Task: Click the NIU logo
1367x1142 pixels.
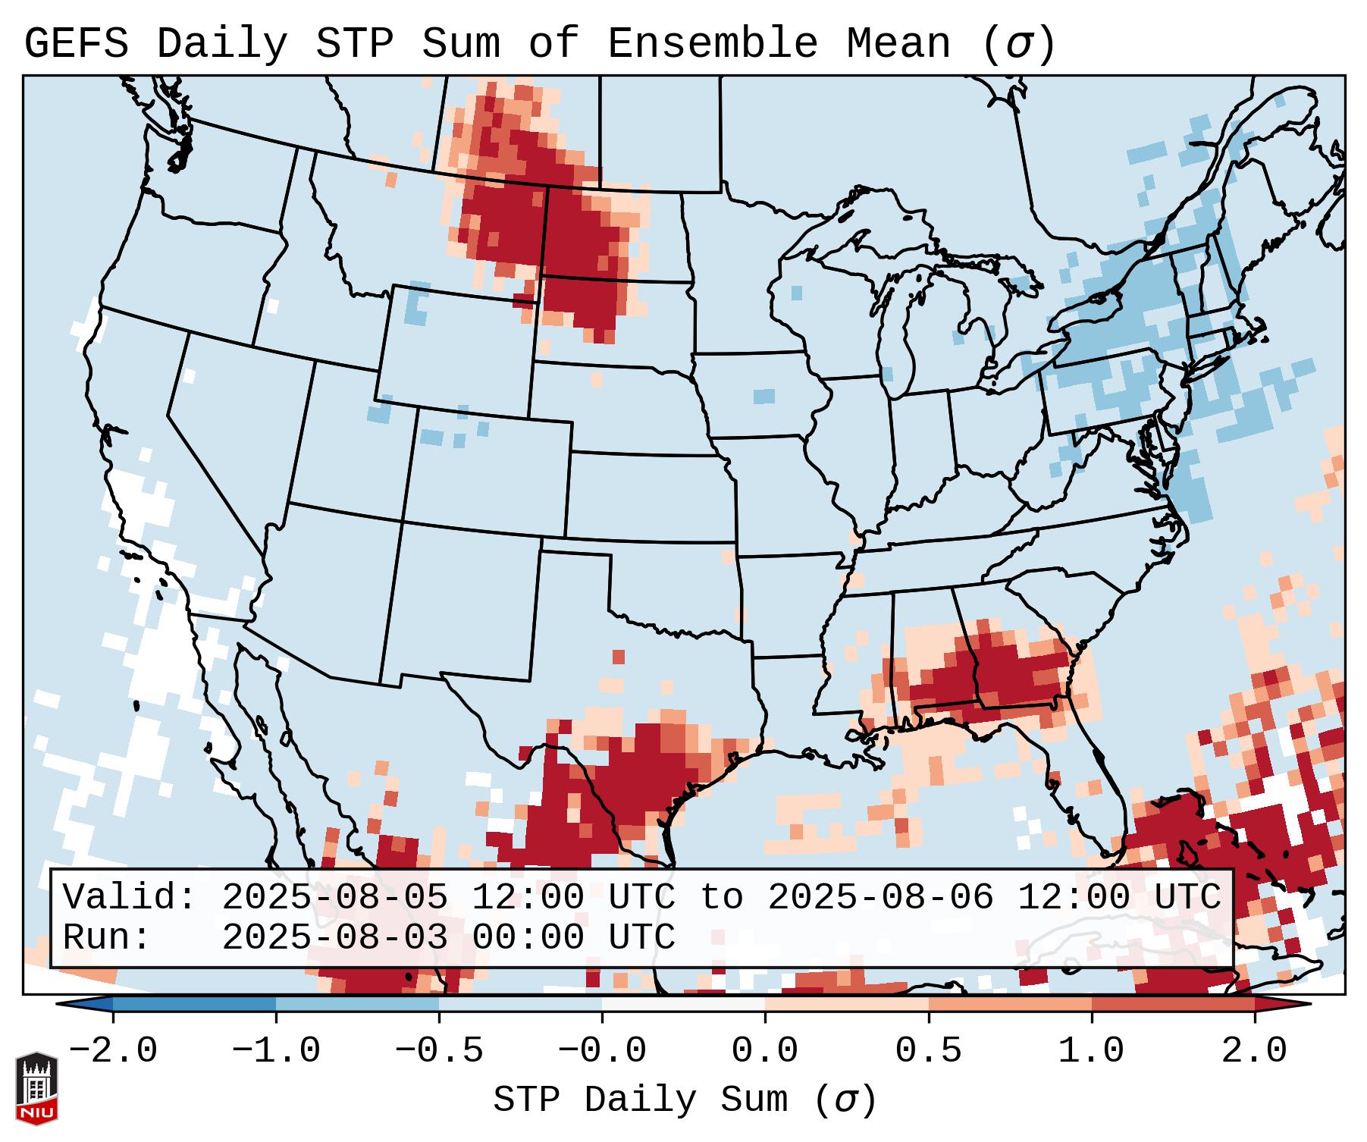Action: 36,1088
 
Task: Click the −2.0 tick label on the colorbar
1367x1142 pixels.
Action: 113,1051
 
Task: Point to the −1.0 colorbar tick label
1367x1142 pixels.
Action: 276,1051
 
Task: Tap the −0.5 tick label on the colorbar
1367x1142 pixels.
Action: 439,1051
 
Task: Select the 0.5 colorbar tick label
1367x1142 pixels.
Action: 928,1051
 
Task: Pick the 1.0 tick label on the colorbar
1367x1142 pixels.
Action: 1091,1051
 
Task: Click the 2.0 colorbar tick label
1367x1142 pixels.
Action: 1254,1051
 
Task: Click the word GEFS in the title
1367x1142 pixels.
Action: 77,44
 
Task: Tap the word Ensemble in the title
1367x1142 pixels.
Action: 712,44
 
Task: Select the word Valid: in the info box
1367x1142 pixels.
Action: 130,898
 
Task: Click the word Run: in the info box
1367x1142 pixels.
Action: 107,937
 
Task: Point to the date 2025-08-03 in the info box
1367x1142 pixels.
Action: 334,937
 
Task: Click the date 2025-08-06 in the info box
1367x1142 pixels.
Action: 880,898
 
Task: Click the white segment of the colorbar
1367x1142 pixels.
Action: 683,1004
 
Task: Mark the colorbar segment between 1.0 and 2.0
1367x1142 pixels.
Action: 1172,1004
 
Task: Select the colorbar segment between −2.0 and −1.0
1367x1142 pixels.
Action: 194,1004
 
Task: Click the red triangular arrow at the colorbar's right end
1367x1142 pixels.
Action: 1281,1004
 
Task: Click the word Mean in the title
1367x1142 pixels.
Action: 898,44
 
